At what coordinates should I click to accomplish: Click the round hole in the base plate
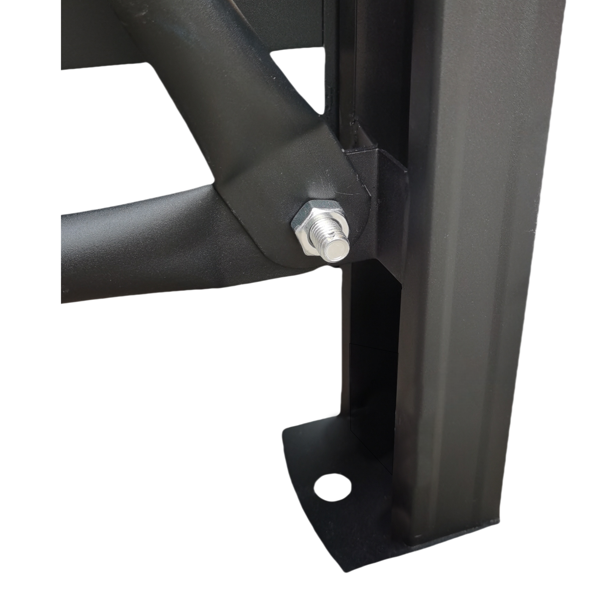pyautogui.click(x=332, y=487)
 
